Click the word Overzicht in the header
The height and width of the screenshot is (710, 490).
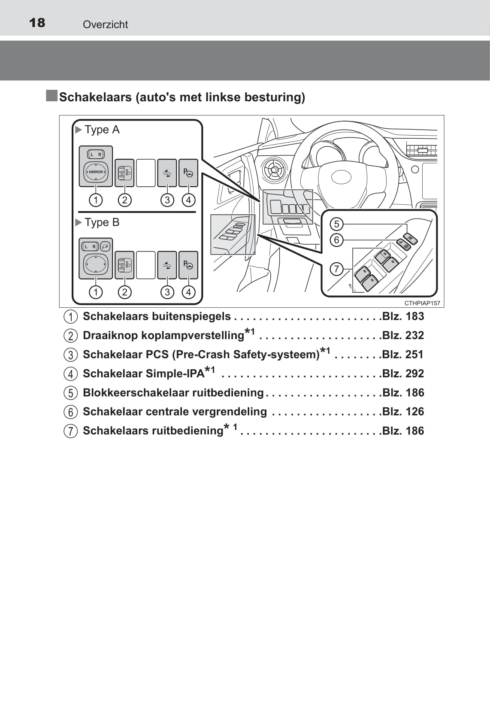105,24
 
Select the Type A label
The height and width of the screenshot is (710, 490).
102,130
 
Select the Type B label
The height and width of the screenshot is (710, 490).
102,222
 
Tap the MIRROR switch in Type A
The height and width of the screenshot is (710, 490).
96,172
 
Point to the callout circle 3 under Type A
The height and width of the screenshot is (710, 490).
167,200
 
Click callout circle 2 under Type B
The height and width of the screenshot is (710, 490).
124,292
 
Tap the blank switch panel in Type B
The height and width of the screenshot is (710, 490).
146,265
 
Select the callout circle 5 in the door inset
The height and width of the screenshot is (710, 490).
336,224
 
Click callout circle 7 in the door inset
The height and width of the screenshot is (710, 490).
336,269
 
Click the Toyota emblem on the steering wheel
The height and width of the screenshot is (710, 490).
342,177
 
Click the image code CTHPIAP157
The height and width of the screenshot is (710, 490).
422,303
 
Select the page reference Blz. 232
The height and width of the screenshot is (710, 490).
403,335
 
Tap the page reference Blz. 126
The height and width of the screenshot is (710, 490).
403,412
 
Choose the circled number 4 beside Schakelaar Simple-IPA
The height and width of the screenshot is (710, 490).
71,374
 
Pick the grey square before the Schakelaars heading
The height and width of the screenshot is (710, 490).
52,96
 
